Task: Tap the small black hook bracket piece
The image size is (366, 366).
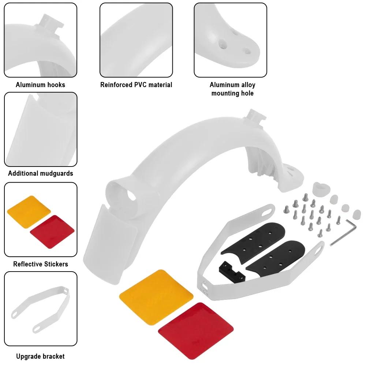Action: click(x=232, y=272)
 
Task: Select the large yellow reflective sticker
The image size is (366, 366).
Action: click(x=156, y=297)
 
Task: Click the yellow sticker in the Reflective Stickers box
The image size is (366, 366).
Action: click(x=29, y=212)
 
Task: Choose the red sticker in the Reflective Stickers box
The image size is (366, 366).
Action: click(x=52, y=232)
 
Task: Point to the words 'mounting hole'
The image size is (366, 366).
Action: click(x=232, y=93)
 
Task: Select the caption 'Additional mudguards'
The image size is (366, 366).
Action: click(x=41, y=173)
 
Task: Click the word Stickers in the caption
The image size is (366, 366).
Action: click(x=56, y=264)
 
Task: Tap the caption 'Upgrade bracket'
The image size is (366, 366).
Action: click(x=40, y=356)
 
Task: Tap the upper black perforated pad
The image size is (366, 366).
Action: click(x=253, y=242)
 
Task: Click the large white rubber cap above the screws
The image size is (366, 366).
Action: click(x=321, y=189)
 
